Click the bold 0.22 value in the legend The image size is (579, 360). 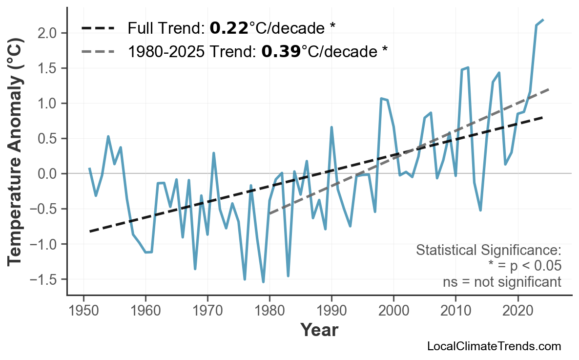(229, 28)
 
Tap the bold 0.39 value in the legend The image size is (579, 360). (281, 51)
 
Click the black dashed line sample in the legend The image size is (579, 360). (98, 28)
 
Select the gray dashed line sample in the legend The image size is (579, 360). (98, 51)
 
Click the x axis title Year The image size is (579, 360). (319, 330)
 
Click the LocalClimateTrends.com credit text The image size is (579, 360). (494, 346)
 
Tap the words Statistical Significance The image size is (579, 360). (488, 251)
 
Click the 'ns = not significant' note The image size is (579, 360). (502, 282)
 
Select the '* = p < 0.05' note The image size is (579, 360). (524, 266)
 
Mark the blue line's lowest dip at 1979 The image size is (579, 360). (263, 282)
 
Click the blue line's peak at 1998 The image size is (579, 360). (381, 99)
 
